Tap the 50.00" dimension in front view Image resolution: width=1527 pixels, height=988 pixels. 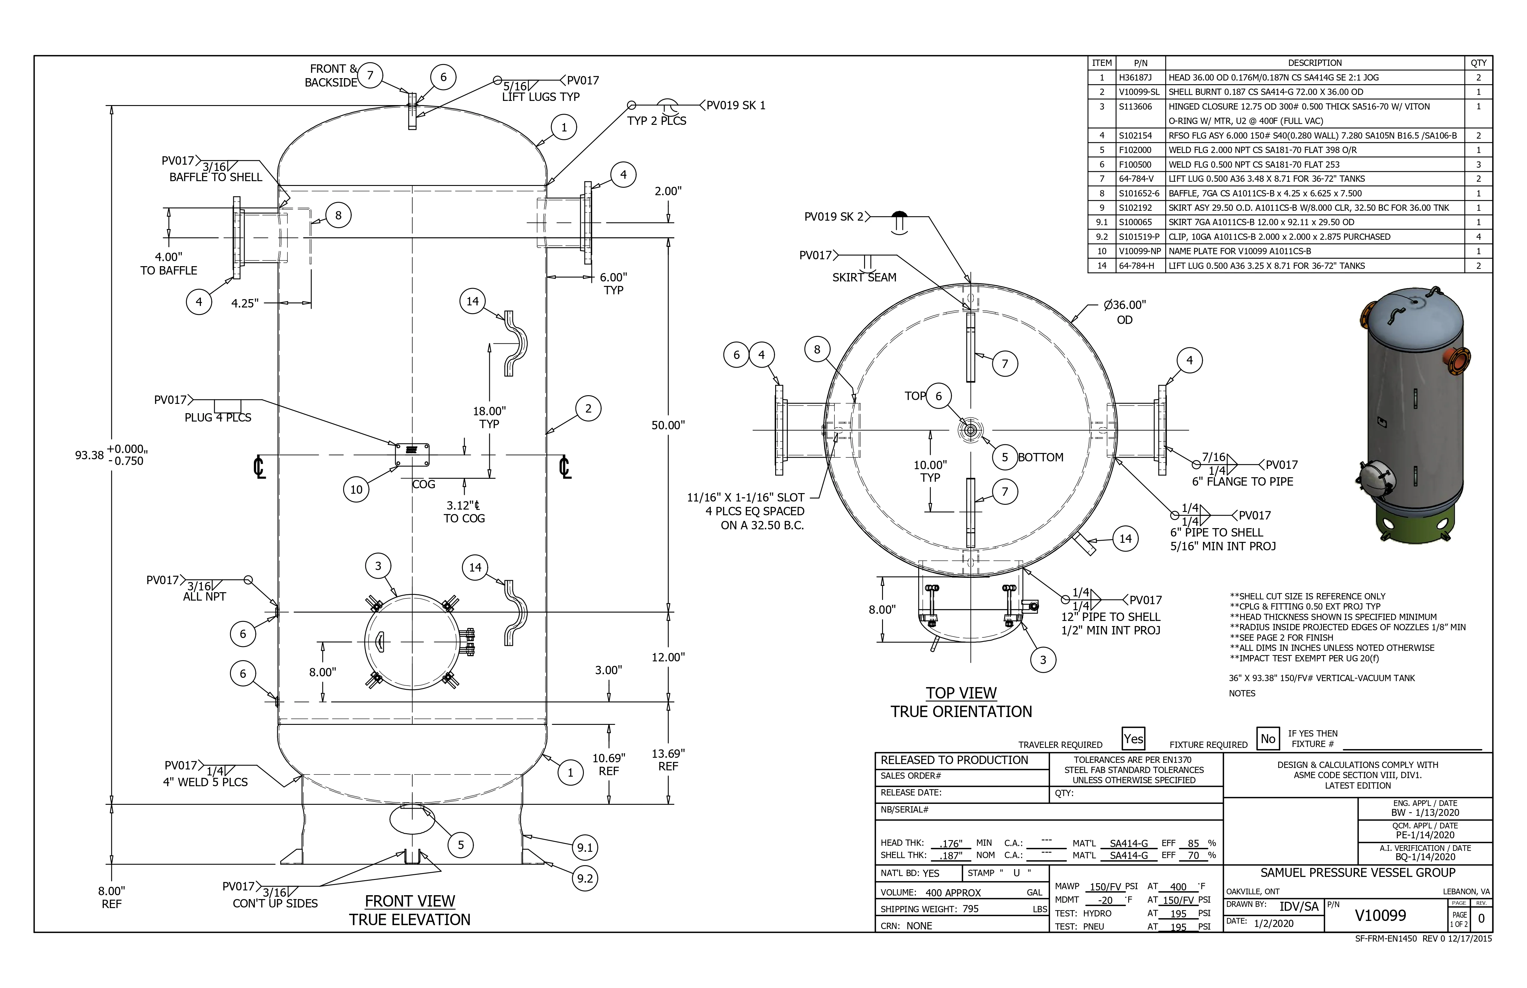[x=668, y=425]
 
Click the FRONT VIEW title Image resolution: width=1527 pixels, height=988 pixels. [x=410, y=901]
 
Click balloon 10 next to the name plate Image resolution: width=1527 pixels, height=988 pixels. [x=356, y=490]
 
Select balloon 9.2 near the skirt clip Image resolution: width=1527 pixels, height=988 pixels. [x=584, y=878]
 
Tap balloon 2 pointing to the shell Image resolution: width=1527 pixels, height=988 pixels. [x=588, y=409]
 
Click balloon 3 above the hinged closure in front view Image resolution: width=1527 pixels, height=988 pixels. [x=378, y=566]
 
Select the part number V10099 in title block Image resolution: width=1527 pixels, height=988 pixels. [x=1380, y=916]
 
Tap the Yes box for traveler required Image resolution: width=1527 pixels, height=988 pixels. [x=1133, y=738]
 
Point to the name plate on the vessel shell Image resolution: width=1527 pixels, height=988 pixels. [x=412, y=455]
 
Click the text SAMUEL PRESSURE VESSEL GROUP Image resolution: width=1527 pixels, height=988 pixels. [x=1358, y=872]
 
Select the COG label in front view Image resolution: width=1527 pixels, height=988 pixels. [x=423, y=484]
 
